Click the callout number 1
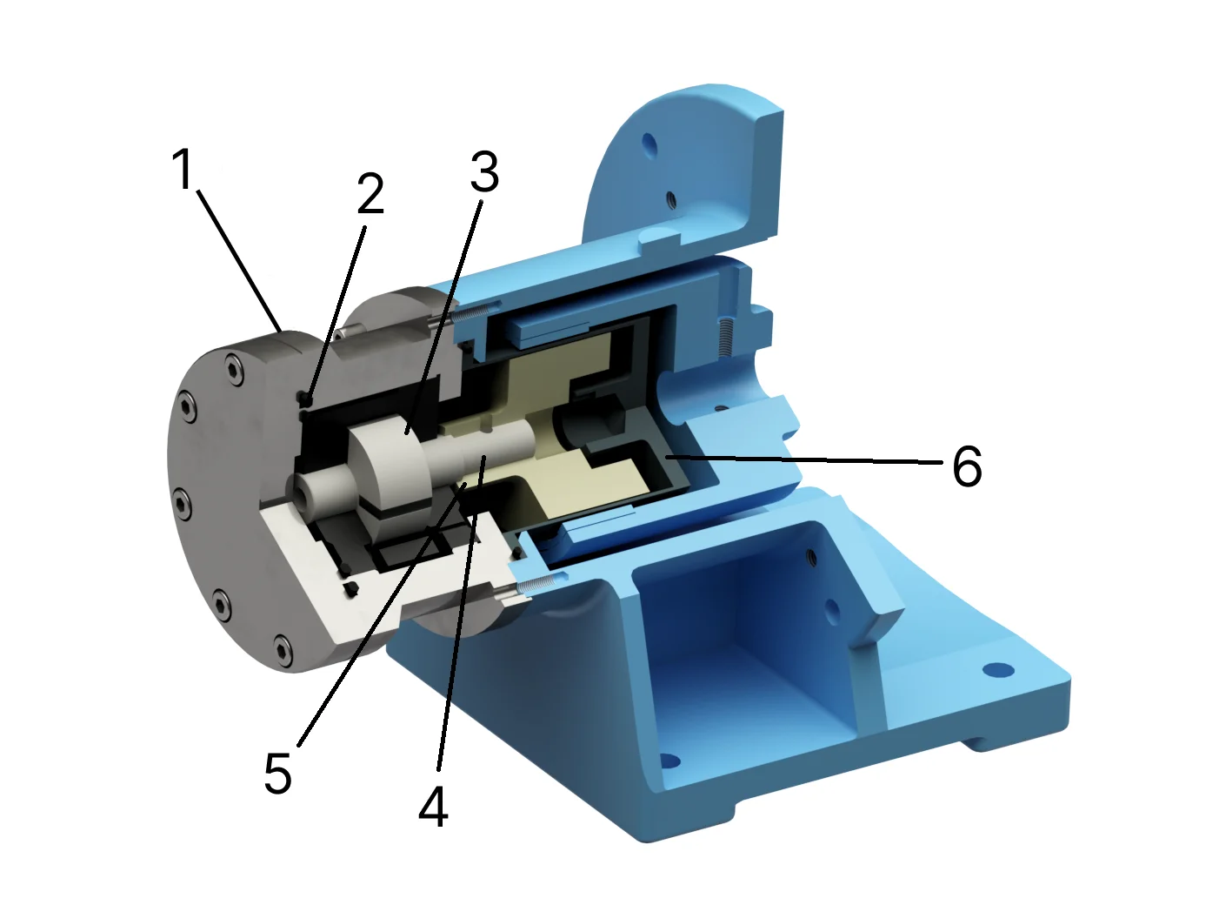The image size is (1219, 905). point(182,169)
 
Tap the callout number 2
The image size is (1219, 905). point(370,194)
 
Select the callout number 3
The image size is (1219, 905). point(484,171)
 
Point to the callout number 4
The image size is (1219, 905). point(433,806)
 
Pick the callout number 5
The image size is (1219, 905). point(277,772)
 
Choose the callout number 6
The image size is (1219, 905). point(967,467)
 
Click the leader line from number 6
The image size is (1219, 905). point(800,459)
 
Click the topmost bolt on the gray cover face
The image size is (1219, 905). point(234,369)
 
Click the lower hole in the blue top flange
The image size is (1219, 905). point(671,198)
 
